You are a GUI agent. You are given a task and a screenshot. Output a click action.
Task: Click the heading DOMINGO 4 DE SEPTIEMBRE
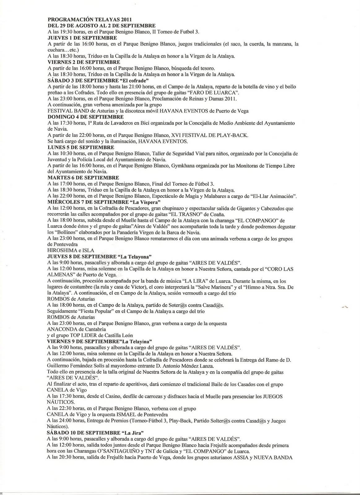85,117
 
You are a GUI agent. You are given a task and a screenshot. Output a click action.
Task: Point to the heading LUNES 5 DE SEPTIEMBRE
81,147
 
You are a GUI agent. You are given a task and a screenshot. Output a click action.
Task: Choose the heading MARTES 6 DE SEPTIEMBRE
83,178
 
